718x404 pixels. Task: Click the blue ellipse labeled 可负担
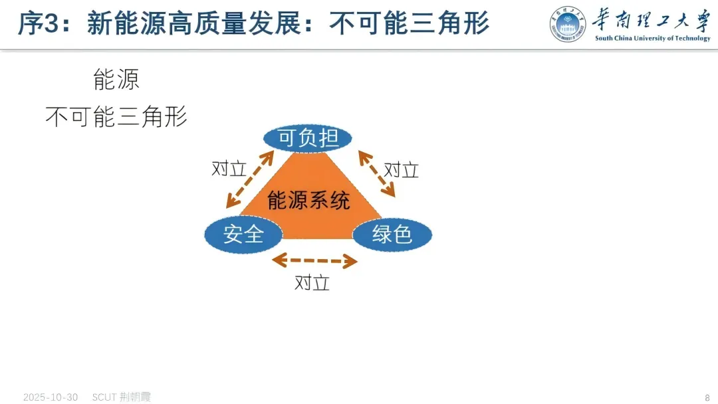pos(308,138)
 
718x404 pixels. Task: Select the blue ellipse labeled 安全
pos(243,234)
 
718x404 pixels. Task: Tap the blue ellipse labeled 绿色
pos(392,234)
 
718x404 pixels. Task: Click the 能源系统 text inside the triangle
pos(308,200)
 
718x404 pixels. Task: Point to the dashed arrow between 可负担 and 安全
pos(250,179)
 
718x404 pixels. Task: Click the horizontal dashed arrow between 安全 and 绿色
pos(314,260)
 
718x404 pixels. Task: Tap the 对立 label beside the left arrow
pos(229,169)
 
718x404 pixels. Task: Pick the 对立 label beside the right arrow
pos(402,170)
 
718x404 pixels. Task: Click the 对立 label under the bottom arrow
pos(312,283)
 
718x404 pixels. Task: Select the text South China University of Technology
pos(652,39)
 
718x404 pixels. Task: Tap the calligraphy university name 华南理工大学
pos(652,20)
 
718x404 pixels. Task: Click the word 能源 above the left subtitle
pos(116,80)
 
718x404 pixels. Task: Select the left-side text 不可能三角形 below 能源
pos(116,117)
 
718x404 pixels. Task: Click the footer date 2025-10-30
pos(51,397)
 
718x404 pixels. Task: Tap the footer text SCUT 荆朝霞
pos(122,397)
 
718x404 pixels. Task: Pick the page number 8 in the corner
pos(707,397)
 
